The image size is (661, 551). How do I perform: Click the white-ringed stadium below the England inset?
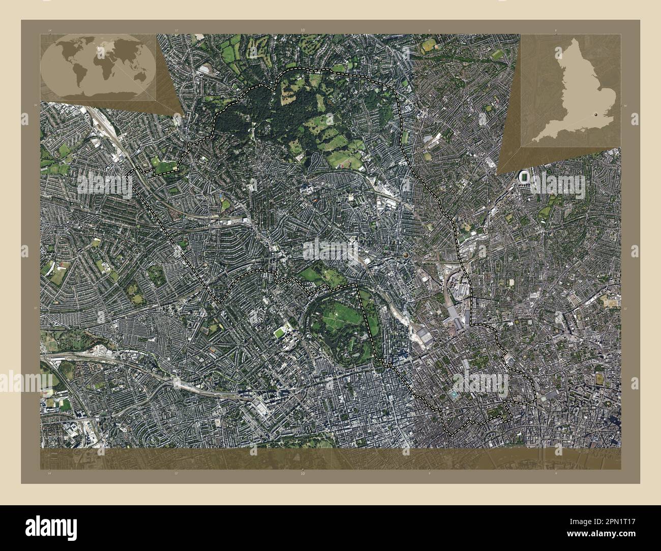(523, 177)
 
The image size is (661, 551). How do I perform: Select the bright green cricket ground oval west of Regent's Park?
(280, 333)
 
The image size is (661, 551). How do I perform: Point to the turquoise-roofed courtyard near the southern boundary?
(454, 394)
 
